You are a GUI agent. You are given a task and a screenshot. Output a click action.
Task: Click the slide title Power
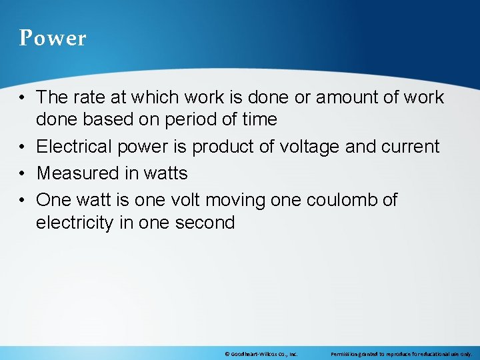point(53,38)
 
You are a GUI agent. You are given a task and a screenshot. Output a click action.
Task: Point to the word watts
point(165,173)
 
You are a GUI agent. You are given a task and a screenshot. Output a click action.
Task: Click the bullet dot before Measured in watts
point(23,173)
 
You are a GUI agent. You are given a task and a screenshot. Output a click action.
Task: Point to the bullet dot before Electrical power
point(23,147)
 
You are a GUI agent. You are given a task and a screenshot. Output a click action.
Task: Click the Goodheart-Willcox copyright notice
point(261,353)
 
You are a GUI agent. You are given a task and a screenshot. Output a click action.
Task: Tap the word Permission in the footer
point(343,353)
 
